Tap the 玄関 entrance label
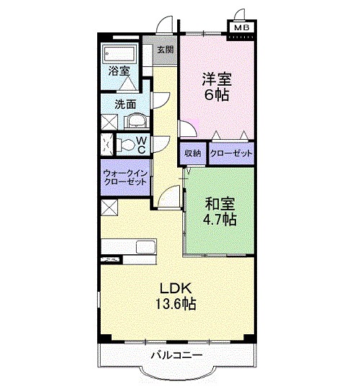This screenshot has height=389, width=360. point(165,50)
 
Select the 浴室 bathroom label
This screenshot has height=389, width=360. point(119,71)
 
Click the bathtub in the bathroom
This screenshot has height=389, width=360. point(120,54)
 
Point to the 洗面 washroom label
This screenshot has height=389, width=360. point(125,104)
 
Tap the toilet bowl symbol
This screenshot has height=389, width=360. point(127,144)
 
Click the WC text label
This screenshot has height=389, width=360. point(142,144)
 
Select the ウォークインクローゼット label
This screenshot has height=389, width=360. point(125,177)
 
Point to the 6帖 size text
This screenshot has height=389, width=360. point(215,94)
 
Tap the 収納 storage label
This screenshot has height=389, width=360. point(192,153)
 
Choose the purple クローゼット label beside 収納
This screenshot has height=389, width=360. point(230,153)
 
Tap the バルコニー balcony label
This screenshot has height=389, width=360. point(176,355)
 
